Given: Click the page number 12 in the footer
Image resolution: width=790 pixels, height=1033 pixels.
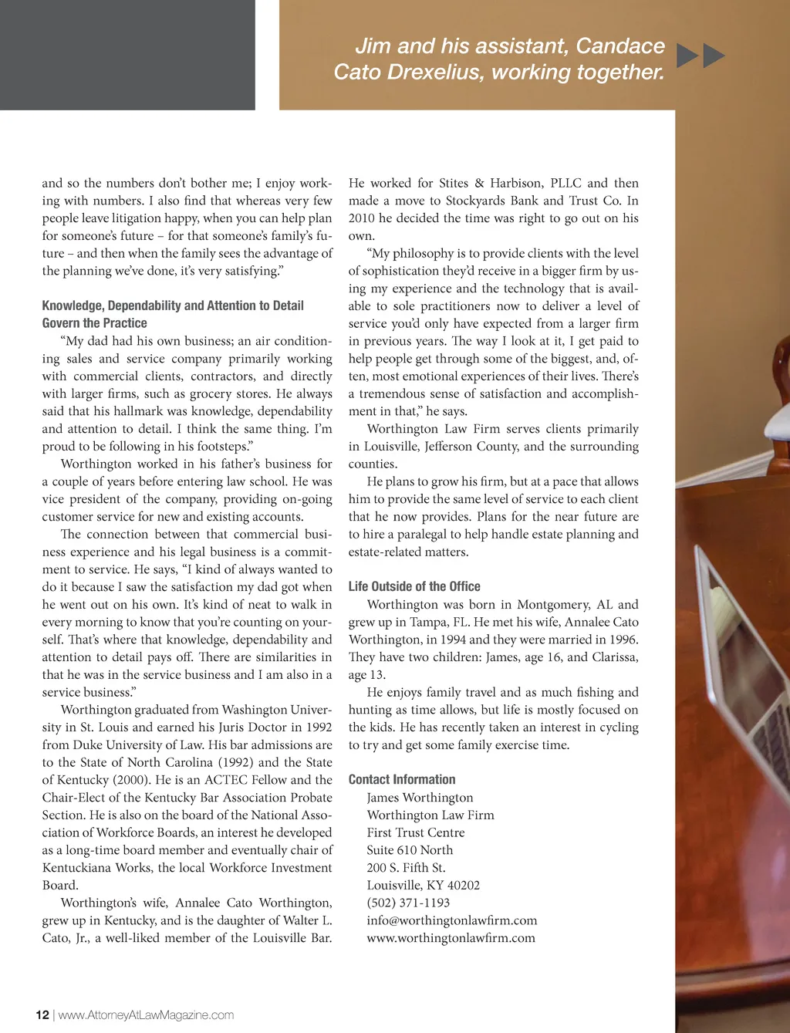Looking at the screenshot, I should (x=42, y=1014).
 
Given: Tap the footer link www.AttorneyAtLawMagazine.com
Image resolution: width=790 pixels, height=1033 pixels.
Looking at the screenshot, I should (x=146, y=1014).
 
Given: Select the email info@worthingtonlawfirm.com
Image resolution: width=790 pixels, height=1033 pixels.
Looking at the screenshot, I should (x=451, y=920).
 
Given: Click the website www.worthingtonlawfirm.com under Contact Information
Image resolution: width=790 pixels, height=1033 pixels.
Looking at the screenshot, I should (x=451, y=938).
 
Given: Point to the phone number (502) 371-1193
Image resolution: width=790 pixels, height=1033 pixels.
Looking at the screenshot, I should (x=408, y=903).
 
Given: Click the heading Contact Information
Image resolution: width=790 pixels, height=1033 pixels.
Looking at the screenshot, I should (x=402, y=779).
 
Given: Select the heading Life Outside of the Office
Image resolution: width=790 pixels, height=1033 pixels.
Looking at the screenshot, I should (x=414, y=586).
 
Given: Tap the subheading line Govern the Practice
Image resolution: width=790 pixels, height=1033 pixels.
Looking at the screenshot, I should (x=94, y=323).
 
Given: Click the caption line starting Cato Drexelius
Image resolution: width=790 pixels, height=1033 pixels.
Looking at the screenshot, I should (x=498, y=73).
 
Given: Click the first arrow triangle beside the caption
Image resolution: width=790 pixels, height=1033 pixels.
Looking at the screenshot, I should (x=687, y=56).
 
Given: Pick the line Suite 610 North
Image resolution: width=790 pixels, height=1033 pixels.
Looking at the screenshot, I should (x=410, y=850).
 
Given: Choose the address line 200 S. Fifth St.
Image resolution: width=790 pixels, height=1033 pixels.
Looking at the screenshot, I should (x=406, y=868).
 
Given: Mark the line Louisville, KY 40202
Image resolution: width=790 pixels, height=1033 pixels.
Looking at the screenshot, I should (x=423, y=886).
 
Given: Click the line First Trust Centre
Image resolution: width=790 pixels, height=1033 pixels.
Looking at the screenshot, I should (x=415, y=832).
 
